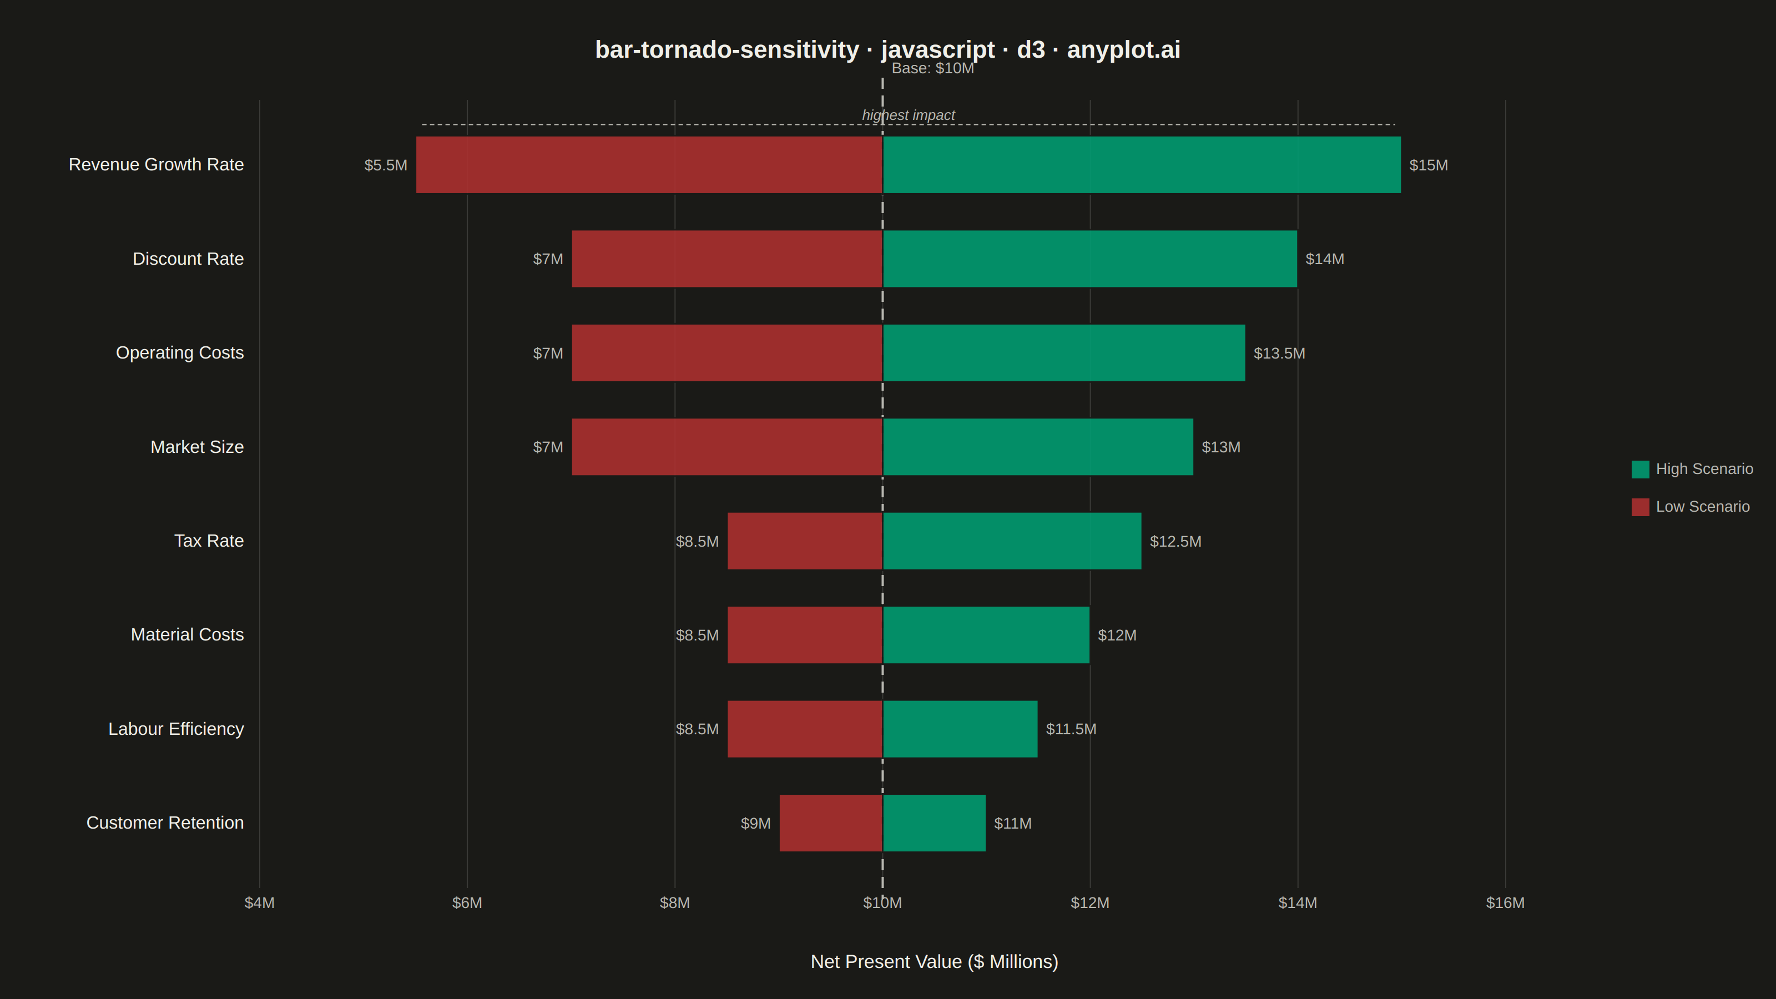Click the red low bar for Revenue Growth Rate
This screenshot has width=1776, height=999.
(649, 165)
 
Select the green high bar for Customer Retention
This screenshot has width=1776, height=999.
(934, 823)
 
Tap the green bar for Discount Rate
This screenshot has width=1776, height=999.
(1090, 259)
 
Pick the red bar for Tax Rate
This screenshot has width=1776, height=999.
(805, 541)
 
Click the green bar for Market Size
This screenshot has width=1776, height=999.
(1038, 447)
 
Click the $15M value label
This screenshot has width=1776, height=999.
(1429, 165)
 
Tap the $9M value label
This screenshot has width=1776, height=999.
(755, 824)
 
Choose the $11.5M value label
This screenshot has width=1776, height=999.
(1071, 729)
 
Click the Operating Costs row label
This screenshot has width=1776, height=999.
(180, 353)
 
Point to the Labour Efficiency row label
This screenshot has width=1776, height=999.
(176, 729)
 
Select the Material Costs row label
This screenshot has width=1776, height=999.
(188, 635)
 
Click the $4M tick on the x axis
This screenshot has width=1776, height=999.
(259, 903)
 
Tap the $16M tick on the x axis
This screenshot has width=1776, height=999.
(1505, 903)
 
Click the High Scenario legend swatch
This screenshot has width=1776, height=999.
(1640, 470)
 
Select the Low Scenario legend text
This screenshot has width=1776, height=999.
(1703, 507)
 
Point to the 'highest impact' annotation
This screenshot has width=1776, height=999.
(908, 115)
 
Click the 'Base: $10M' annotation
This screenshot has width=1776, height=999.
(933, 68)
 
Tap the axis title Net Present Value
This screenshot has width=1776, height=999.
(934, 962)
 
